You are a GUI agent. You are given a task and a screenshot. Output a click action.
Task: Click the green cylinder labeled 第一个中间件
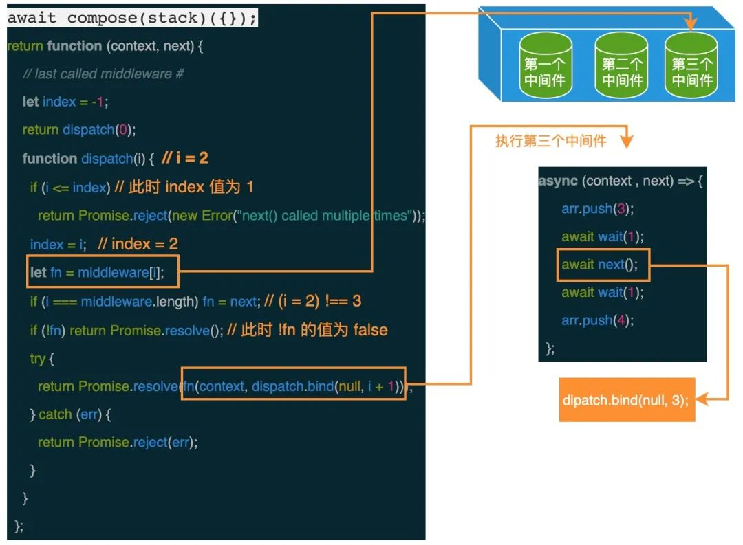(x=546, y=65)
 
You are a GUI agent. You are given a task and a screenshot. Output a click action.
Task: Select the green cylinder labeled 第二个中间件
(x=622, y=65)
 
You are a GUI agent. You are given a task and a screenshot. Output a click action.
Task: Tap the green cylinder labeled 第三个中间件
(x=691, y=65)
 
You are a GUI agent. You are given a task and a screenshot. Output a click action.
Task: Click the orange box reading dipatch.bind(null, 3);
(x=627, y=399)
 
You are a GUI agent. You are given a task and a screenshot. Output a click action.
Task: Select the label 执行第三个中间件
(x=550, y=142)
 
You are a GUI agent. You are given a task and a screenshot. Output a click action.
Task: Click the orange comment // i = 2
(x=184, y=158)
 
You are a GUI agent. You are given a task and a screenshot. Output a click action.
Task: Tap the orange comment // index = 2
(x=138, y=244)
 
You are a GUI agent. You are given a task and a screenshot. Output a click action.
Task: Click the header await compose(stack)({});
(x=132, y=19)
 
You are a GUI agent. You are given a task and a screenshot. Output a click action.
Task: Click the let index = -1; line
(x=65, y=102)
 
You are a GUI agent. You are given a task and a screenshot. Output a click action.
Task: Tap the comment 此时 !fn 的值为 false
(x=307, y=330)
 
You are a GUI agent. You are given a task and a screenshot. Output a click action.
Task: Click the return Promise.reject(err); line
(x=118, y=442)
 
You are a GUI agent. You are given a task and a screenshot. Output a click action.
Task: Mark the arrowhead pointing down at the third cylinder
(x=691, y=25)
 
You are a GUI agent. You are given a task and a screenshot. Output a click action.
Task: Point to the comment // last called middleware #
(x=103, y=74)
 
